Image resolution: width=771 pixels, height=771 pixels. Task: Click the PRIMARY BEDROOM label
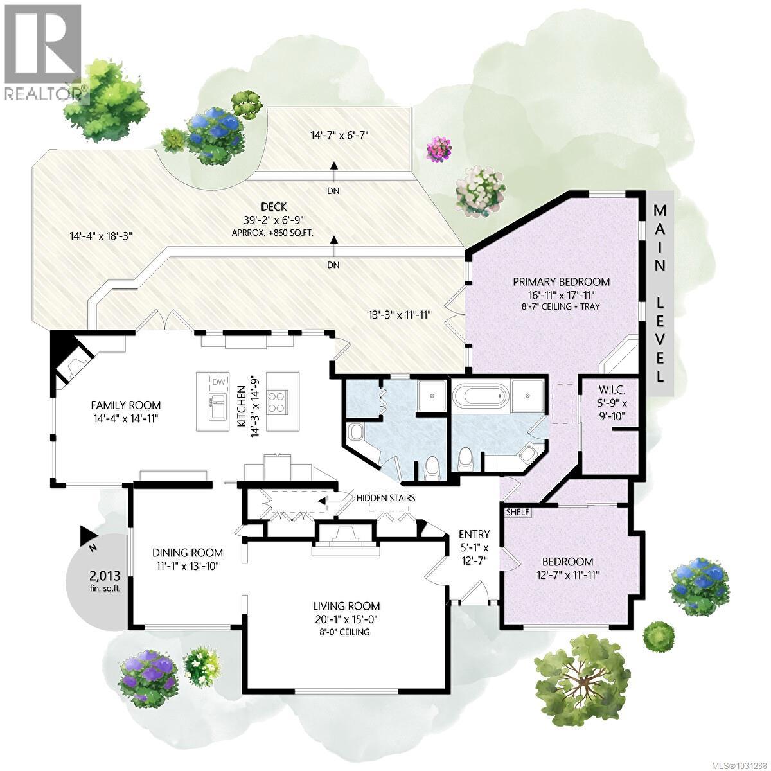tap(561, 281)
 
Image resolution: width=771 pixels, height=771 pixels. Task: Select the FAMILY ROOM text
tap(125, 405)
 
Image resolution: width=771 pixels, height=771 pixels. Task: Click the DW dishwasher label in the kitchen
tap(219, 382)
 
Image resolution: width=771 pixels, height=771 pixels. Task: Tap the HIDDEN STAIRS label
tap(385, 498)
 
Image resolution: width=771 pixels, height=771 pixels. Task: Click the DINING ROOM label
tap(188, 553)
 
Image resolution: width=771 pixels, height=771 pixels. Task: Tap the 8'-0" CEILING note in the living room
tap(346, 632)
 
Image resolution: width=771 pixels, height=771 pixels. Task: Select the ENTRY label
tap(474, 534)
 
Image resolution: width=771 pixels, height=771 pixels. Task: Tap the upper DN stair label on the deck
tap(333, 191)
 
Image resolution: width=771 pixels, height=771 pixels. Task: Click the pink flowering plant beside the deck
tap(439, 149)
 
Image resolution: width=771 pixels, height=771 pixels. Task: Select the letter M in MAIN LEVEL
tap(660, 210)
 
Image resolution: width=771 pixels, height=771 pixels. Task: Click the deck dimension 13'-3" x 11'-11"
tap(399, 315)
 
